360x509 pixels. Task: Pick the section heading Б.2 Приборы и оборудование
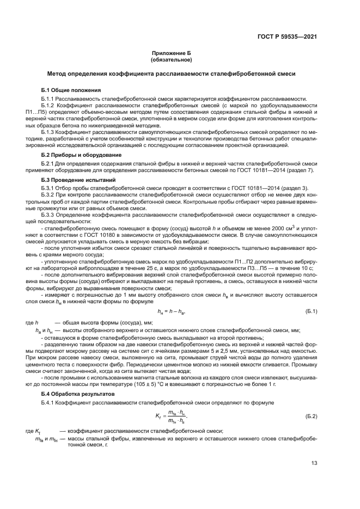81,155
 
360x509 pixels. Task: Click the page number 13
314,463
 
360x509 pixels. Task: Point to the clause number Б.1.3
50,132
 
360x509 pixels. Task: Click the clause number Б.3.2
50,194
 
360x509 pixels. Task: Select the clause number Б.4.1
50,387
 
